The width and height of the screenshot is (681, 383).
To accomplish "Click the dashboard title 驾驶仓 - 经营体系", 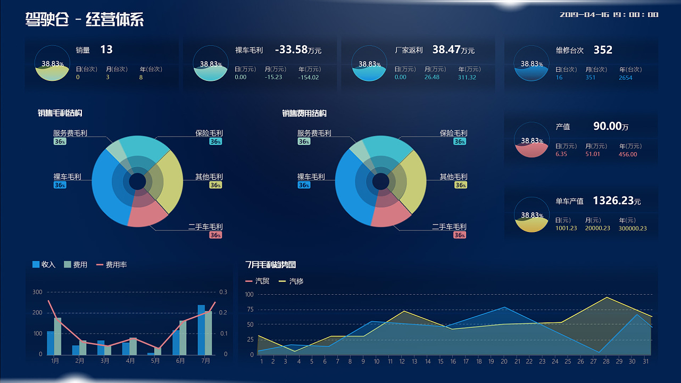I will [x=84, y=20].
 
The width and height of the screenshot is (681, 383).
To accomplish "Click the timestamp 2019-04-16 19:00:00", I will [x=609, y=15].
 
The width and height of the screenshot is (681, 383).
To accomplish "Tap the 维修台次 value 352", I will [x=603, y=50].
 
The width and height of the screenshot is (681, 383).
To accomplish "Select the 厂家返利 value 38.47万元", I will [x=453, y=50].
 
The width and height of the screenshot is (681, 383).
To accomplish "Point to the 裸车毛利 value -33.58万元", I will [x=298, y=50].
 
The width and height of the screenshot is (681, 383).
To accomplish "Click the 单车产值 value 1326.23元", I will [x=617, y=201].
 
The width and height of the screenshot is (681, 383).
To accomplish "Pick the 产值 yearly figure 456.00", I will [x=628, y=154].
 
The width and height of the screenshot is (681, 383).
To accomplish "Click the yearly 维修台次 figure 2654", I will [x=626, y=78].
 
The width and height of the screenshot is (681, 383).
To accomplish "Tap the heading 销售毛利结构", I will [x=60, y=113].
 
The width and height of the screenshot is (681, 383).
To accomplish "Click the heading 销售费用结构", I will [x=304, y=113].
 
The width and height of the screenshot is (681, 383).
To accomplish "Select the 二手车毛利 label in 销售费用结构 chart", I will [x=449, y=227].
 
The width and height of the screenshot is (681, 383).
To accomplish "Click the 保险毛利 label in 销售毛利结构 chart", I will [x=209, y=133].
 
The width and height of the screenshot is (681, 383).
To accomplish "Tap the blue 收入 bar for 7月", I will [x=201, y=330].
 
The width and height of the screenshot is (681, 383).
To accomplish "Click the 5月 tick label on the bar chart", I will [x=155, y=361].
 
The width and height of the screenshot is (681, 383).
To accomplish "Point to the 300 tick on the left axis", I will [x=37, y=292].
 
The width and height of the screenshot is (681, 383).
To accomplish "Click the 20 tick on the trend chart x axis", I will [x=503, y=362].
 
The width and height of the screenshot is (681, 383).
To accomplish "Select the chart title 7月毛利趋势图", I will [x=270, y=264].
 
